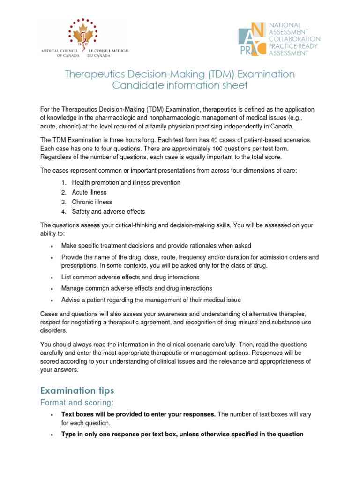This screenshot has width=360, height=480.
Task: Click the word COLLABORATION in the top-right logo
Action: pos(294,39)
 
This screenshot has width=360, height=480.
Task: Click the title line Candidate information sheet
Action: pos(180,85)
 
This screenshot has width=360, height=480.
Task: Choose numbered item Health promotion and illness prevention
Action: pos(126,182)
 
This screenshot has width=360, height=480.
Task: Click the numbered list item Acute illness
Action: pos(89,192)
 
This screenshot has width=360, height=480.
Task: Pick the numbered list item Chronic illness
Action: pos(92,202)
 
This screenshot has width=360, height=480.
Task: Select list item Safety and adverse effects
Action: pos(108,211)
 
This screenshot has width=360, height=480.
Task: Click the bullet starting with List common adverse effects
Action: pos(130,277)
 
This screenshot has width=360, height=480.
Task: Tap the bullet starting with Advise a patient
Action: pos(151,300)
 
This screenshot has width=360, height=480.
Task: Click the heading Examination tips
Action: pos(77,390)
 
